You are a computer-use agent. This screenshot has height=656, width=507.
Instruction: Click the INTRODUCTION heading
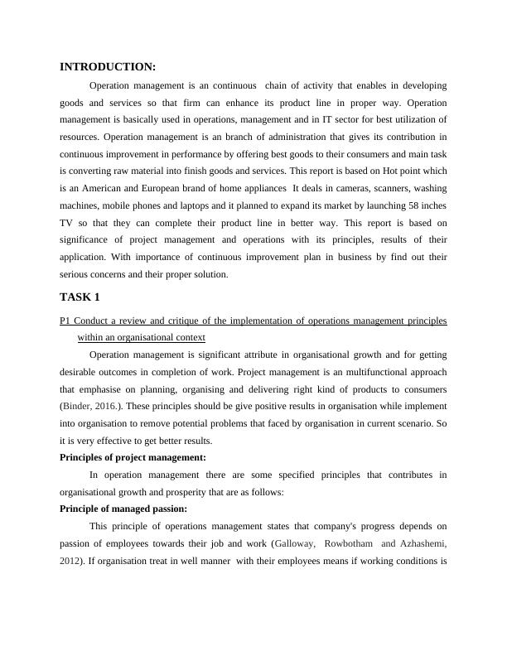pyautogui.click(x=108, y=67)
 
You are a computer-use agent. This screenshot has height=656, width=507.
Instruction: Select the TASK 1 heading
pyautogui.click(x=80, y=297)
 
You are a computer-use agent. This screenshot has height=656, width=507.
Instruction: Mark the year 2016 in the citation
pyautogui.click(x=111, y=407)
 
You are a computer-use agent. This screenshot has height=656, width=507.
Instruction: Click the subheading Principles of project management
pyautogui.click(x=133, y=457)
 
